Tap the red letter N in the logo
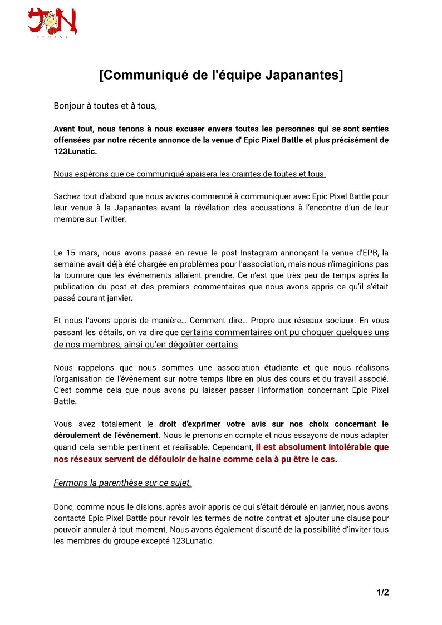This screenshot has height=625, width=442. coord(68,22)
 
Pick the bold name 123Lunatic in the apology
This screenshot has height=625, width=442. coord(76,151)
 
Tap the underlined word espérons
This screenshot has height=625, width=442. coord(90,174)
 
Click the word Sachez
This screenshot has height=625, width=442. coord(66,196)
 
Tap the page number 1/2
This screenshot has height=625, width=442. coord(382,592)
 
